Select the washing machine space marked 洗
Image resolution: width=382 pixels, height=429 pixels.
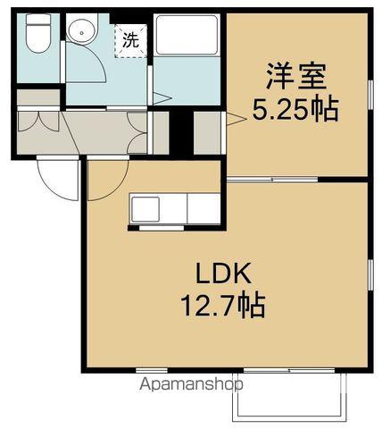(130, 39)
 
